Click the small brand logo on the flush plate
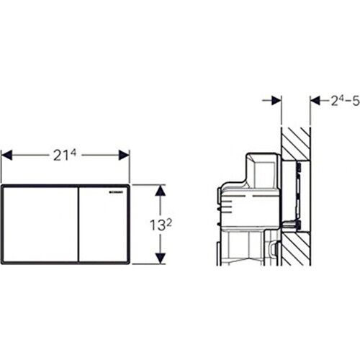tap(117, 192)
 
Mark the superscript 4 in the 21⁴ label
tap(73, 150)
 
